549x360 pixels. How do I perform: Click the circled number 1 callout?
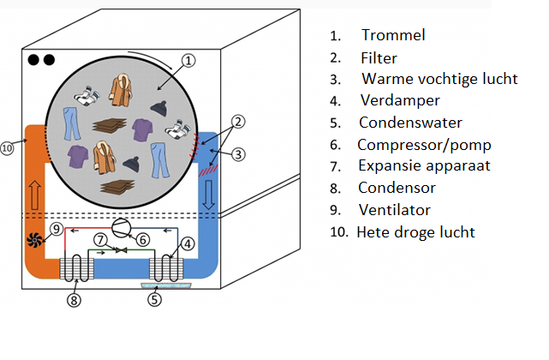190,61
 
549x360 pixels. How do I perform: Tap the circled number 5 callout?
155,300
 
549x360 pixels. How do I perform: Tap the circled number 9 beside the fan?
56,228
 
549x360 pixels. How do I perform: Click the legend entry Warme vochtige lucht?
439,79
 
